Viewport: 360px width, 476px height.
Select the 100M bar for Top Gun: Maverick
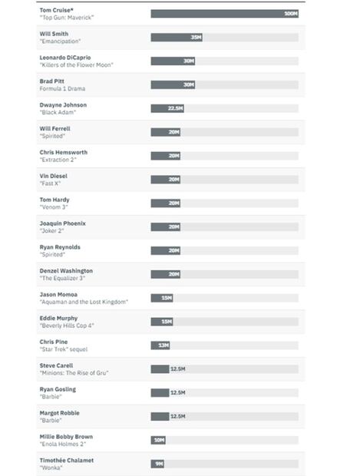coord(224,14)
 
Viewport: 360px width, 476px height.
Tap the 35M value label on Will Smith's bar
coord(196,38)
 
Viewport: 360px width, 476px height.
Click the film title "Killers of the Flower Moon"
coord(76,65)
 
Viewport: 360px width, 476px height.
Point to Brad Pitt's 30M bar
coord(173,84)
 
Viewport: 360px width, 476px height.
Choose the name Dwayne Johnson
coord(63,104)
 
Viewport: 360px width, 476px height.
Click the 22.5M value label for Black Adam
coord(176,108)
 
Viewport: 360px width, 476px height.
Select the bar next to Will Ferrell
coord(166,132)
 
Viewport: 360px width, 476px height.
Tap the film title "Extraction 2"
coord(59,160)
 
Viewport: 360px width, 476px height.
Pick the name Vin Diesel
coord(54,176)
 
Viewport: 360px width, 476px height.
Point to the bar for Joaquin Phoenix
coord(166,226)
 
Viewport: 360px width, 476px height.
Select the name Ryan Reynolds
coord(60,247)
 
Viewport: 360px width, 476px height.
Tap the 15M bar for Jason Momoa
coord(162,298)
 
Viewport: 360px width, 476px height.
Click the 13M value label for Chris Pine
coord(163,345)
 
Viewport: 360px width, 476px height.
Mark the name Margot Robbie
coord(61,413)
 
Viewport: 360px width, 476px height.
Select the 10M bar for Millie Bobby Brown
coord(159,440)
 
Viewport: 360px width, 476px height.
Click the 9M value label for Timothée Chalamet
coord(159,464)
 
